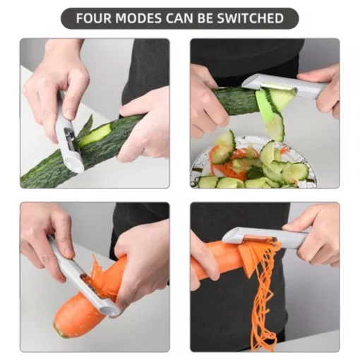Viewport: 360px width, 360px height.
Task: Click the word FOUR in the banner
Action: [x=94, y=18]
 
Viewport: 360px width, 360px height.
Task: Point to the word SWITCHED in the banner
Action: [x=250, y=18]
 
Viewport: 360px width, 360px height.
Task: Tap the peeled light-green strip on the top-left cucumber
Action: [x=95, y=135]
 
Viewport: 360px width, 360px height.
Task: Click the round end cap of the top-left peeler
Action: [x=73, y=164]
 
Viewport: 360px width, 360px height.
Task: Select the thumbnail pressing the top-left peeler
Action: [x=70, y=114]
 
